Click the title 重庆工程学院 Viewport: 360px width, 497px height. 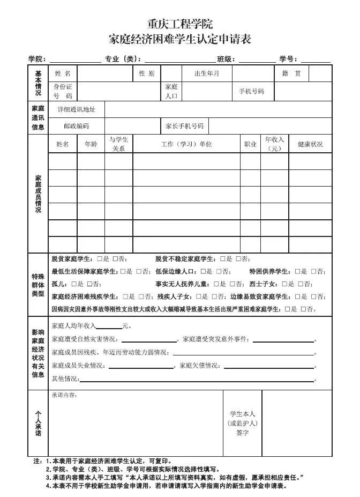point(180,24)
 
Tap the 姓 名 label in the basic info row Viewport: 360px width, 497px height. point(63,73)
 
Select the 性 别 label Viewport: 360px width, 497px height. point(146,73)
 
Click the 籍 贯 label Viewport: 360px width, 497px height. point(291,73)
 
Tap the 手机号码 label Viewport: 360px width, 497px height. point(251,92)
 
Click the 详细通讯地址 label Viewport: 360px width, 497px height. point(77,109)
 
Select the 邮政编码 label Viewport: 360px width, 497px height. point(77,126)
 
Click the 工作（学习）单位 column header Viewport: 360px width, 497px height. point(186,144)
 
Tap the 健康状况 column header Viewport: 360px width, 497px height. point(311,144)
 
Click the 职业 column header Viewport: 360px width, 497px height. point(250,144)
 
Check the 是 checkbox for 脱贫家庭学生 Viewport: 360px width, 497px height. point(100,259)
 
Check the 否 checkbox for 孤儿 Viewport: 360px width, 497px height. point(89,284)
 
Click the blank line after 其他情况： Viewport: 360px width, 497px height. point(196,380)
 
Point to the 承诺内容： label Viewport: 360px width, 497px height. point(64,395)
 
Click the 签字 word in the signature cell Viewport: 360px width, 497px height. point(242,433)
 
